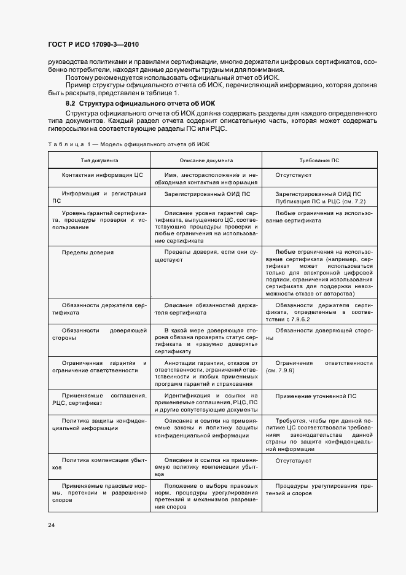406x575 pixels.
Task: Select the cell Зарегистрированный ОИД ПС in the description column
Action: [207, 194]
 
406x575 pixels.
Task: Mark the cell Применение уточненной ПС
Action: [316, 396]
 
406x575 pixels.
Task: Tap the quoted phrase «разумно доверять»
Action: [238, 345]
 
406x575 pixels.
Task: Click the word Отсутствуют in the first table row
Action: [294, 174]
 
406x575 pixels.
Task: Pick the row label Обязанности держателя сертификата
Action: [100, 308]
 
